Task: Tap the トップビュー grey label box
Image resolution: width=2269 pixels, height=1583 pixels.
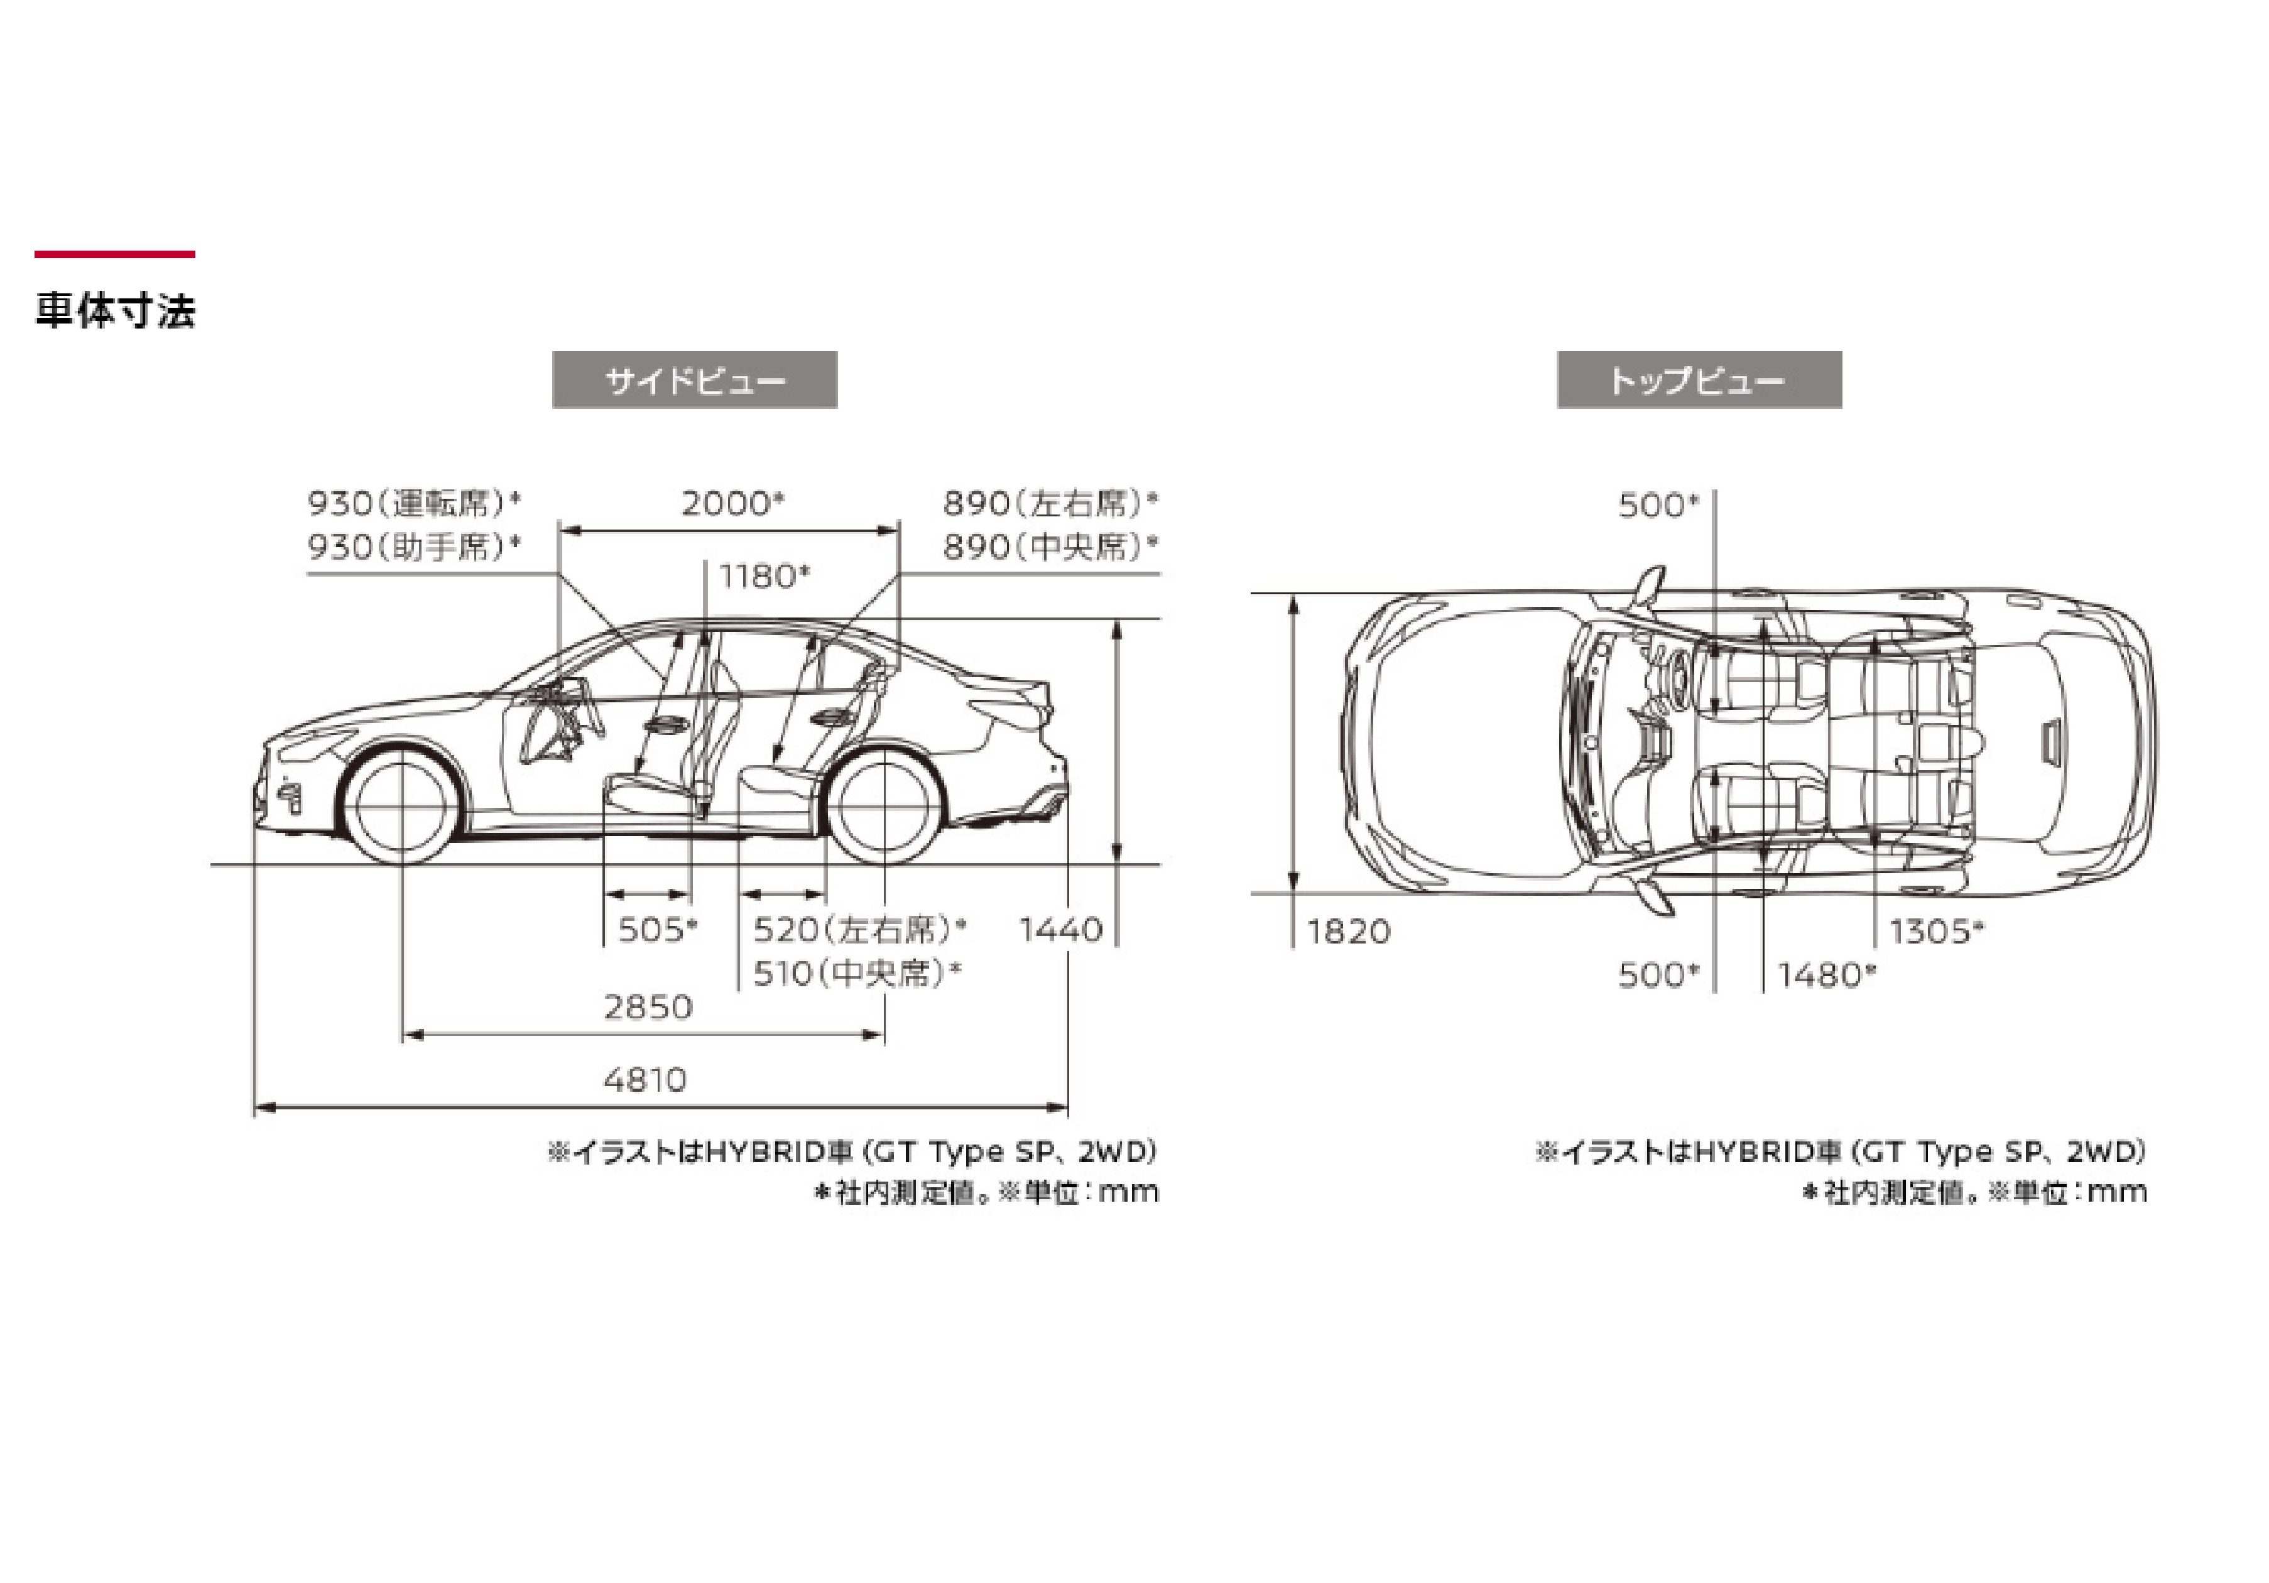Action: pyautogui.click(x=1698, y=379)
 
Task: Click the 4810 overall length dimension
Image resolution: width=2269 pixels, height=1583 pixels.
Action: pyautogui.click(x=645, y=1079)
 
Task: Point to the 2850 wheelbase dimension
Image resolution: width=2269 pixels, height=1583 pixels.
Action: pyautogui.click(x=648, y=1007)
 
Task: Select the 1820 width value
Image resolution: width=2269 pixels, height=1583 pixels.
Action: pyautogui.click(x=1348, y=931)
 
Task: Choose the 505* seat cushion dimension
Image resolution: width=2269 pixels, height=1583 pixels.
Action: pyautogui.click(x=657, y=930)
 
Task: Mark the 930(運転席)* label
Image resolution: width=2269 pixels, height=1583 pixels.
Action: pyautogui.click(x=414, y=503)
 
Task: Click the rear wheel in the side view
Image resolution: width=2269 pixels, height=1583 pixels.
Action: pyautogui.click(x=883, y=807)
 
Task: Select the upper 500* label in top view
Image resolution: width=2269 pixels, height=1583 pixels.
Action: pyautogui.click(x=1657, y=505)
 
